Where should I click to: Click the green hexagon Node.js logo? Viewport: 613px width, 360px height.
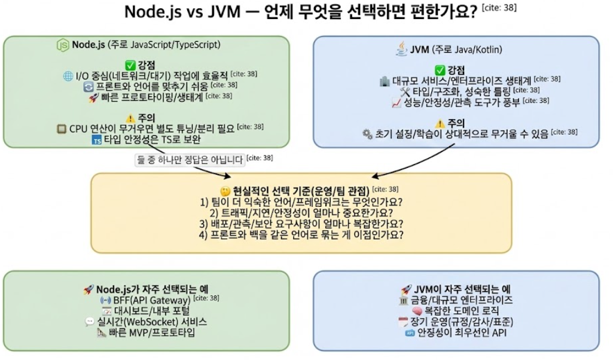tap(63, 45)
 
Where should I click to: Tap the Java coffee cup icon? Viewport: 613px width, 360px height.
tap(401, 50)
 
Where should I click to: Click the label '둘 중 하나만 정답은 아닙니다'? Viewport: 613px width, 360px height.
tap(190, 160)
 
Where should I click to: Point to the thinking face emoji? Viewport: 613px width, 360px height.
tap(225, 191)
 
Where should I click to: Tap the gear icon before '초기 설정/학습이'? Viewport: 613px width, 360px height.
tap(367, 135)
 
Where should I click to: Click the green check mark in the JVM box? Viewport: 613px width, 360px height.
tap(440, 69)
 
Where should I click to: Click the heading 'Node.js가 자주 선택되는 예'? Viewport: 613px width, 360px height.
tap(152, 289)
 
